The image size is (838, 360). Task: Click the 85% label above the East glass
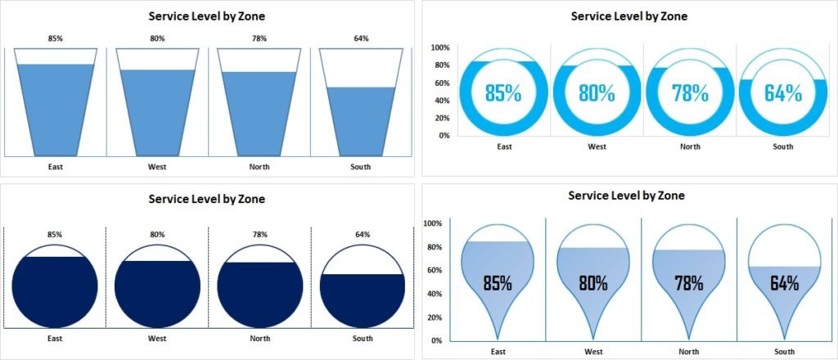coord(55,38)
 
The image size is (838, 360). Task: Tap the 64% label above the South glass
coord(361,38)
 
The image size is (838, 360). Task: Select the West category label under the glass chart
coord(157,167)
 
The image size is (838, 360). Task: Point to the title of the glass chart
coord(206,16)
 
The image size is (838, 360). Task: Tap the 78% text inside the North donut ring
coord(690,92)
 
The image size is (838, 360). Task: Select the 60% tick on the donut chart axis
coord(442,83)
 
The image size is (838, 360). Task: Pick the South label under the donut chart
coord(783,147)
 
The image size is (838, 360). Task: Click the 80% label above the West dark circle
coord(157,235)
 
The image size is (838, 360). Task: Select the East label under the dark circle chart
coord(55,338)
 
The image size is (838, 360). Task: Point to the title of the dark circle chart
coord(206,199)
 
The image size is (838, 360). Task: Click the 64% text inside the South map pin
coord(784,284)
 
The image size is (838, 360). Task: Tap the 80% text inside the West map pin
coord(593,284)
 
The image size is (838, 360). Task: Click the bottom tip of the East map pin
coord(498,338)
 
